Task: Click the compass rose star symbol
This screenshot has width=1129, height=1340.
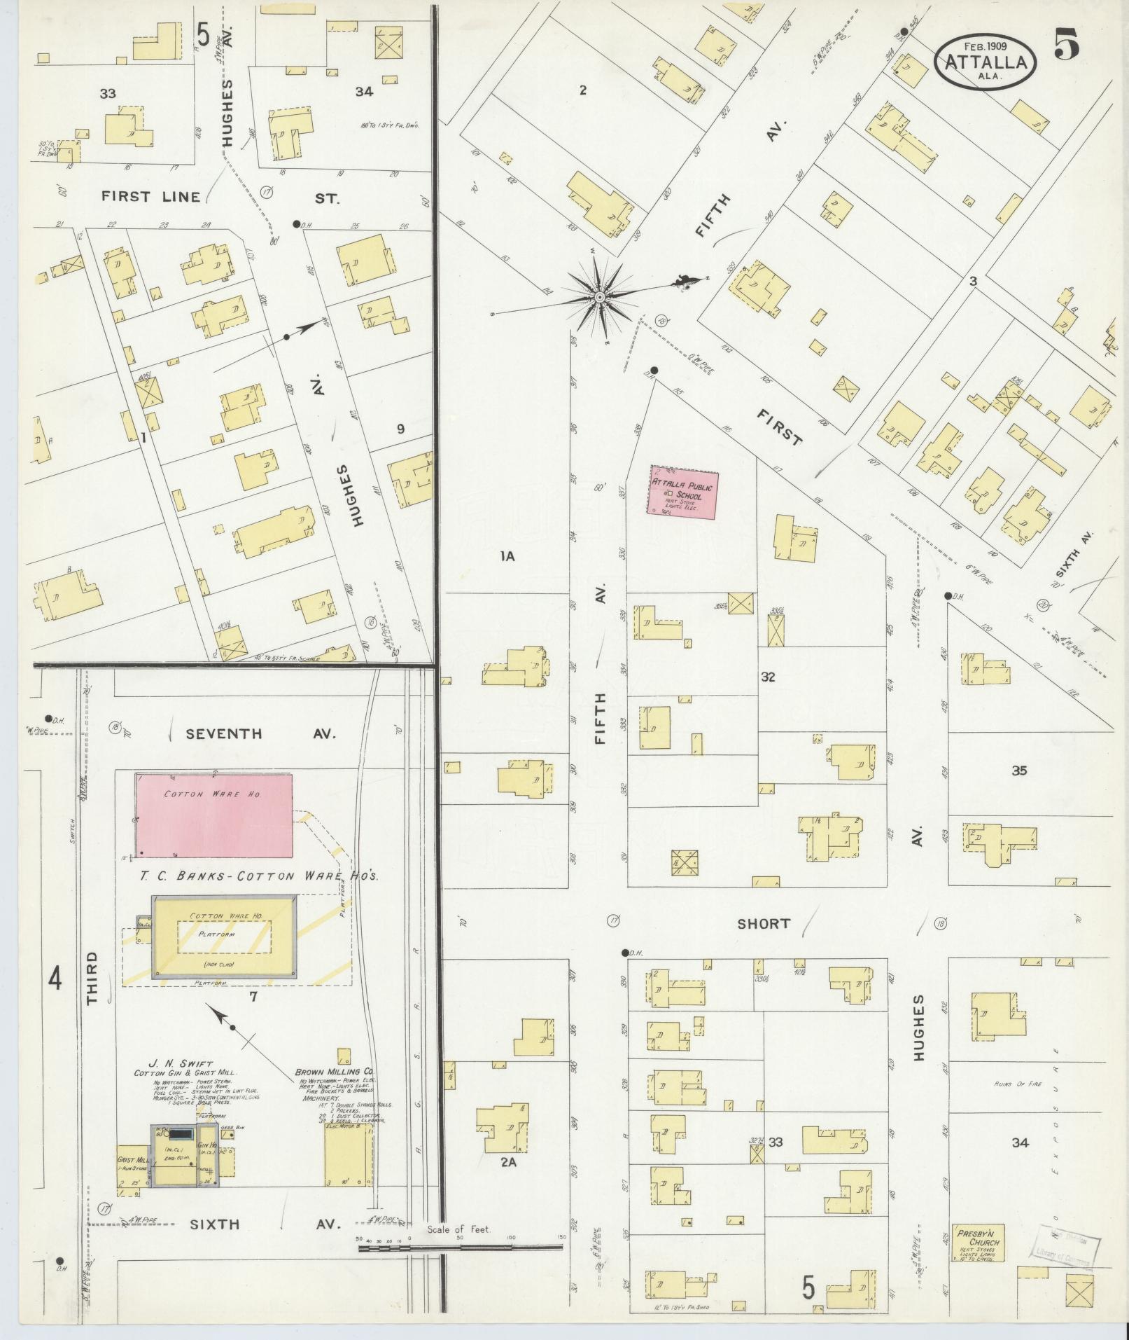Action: [x=599, y=298]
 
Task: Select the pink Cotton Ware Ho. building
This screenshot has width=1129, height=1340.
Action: [x=213, y=814]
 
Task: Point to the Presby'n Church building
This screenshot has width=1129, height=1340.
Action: [x=979, y=1243]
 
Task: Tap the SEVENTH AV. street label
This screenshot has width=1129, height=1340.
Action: [x=260, y=734]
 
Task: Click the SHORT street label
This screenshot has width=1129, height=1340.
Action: [x=763, y=924]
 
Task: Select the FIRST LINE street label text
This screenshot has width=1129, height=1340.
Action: [x=150, y=197]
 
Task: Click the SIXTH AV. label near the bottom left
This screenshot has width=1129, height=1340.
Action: [x=264, y=1224]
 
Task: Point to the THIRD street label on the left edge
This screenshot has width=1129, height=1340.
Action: [x=94, y=978]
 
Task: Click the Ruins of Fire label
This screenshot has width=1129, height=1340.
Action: [x=1018, y=1084]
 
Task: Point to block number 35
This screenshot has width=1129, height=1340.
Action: [x=1018, y=771]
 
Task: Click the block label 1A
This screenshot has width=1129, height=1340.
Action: [x=507, y=557]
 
